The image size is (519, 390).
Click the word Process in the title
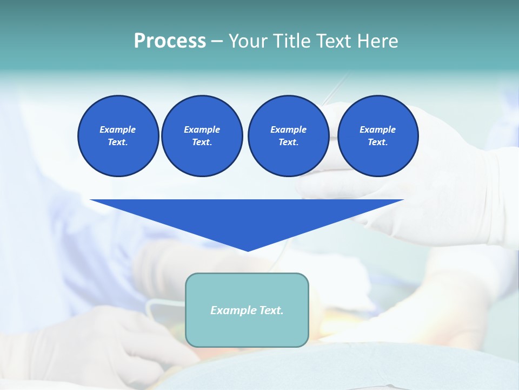[170, 41]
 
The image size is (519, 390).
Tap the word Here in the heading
[377, 41]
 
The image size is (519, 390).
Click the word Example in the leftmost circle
[118, 129]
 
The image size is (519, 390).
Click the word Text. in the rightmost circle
[377, 142]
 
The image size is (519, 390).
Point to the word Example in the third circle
[288, 129]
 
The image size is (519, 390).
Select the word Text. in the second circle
[202, 142]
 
